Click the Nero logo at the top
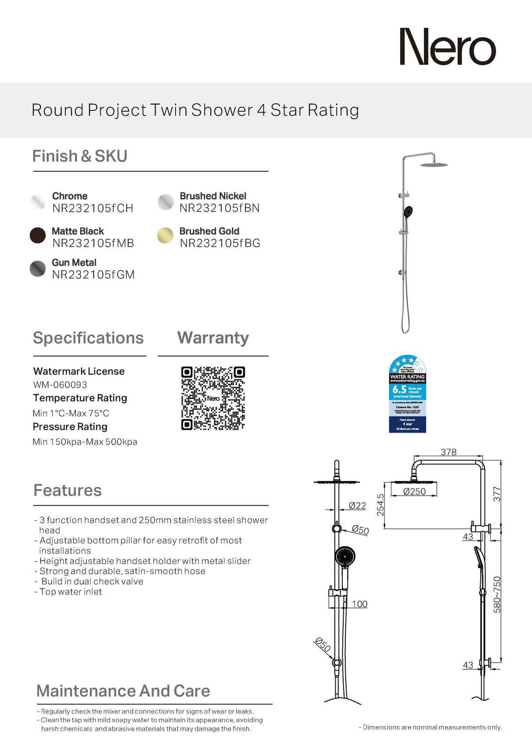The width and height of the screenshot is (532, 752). click(447, 47)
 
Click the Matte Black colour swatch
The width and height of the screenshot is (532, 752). click(38, 235)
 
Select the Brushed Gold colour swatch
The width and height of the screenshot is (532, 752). click(165, 235)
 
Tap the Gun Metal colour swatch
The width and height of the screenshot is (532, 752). click(38, 269)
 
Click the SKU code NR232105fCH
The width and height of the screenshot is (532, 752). click(92, 208)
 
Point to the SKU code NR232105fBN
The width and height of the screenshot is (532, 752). click(220, 208)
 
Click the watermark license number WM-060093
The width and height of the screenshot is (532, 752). click(60, 385)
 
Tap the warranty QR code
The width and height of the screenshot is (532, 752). click(213, 398)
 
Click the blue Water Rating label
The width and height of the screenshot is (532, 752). click(407, 394)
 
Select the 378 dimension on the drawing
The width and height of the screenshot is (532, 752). click(448, 452)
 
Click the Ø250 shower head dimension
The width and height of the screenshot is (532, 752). click(414, 492)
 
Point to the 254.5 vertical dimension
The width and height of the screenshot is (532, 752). click(380, 505)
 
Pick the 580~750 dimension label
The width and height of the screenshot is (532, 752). click(497, 594)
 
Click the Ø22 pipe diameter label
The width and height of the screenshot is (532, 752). click(357, 506)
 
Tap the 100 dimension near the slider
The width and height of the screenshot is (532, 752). click(359, 604)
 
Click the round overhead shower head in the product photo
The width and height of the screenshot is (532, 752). click(433, 164)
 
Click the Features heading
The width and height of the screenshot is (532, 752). click(67, 490)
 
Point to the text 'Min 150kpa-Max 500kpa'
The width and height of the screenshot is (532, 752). click(85, 442)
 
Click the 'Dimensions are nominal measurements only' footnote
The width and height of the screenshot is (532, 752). click(430, 727)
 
